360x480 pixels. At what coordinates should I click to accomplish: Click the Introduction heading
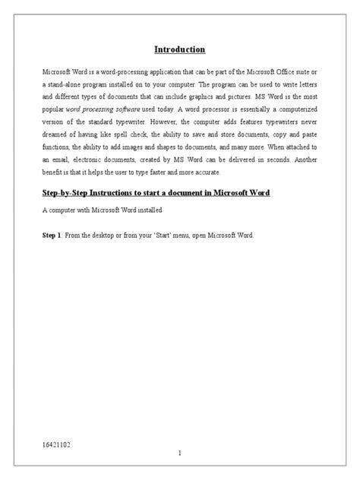coord(179,50)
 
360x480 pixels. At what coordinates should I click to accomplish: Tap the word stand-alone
coord(65,84)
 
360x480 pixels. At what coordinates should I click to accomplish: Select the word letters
coord(302,84)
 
